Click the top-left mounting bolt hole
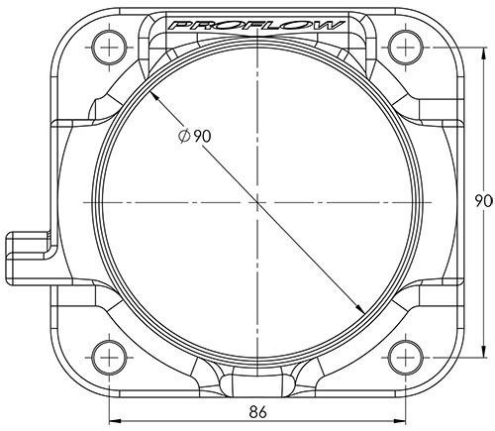pos(107,43)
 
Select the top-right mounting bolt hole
pos(404,43)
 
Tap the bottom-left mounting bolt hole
pos(107,354)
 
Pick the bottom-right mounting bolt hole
pos(404,354)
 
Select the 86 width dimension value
pos(255,407)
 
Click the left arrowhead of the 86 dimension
pos(113,416)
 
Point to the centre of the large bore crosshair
pos(255,201)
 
